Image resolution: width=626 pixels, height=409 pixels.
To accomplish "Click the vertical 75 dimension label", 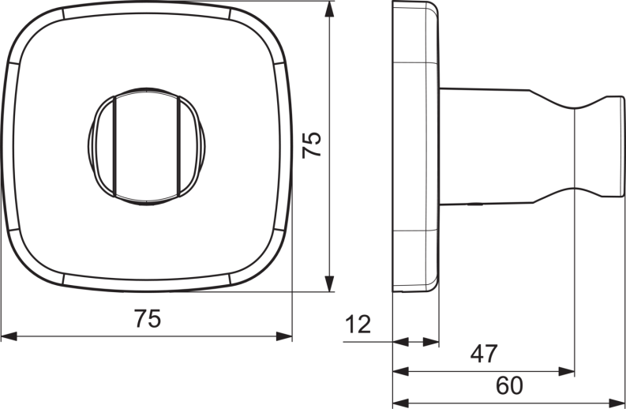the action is tap(311, 145).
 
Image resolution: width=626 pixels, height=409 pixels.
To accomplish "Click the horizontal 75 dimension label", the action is tap(148, 319).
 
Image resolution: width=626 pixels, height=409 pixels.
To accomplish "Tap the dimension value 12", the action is tap(358, 324).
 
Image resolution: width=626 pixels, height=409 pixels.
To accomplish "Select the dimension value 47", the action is tap(484, 354).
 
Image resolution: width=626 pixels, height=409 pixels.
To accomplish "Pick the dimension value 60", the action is tap(509, 385).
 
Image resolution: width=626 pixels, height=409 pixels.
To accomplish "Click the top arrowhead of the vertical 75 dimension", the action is tap(329, 9).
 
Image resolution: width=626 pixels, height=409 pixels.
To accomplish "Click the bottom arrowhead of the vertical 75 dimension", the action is tap(329, 283).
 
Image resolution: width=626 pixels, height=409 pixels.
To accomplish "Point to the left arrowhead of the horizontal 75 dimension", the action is tap(9, 336).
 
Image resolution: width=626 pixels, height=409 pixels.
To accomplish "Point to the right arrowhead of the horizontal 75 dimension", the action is tap(284, 336).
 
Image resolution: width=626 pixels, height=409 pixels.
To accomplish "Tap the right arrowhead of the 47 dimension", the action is tap(567, 372).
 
